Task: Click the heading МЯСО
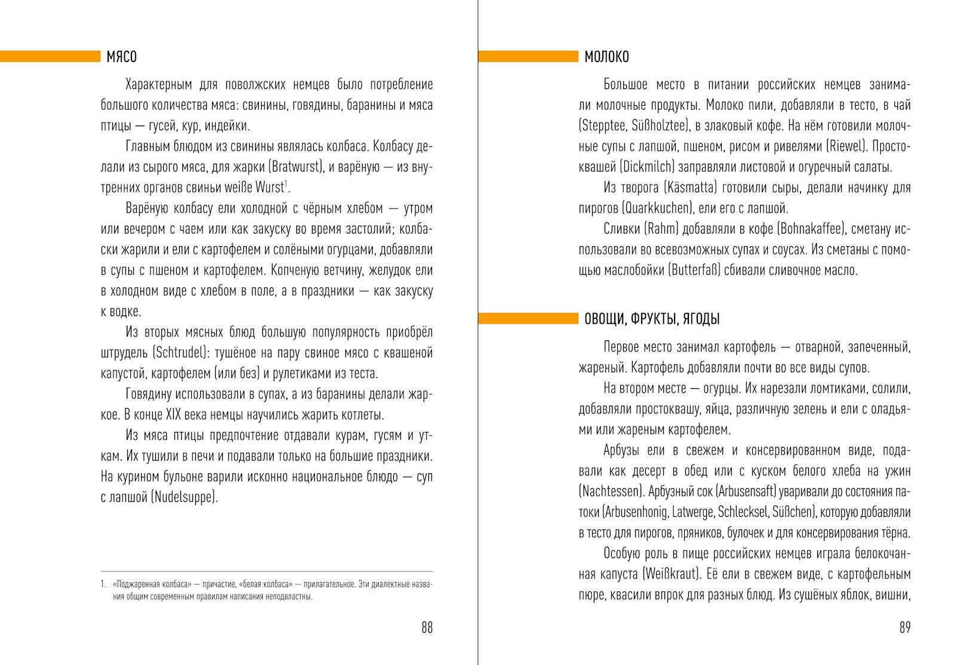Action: tap(121, 57)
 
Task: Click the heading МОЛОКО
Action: tap(606, 57)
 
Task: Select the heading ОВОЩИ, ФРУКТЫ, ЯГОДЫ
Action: tap(652, 318)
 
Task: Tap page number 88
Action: tap(427, 627)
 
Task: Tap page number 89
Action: tap(905, 627)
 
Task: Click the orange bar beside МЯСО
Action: tap(50, 57)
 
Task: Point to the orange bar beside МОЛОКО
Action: tap(528, 57)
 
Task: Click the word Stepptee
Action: tap(602, 125)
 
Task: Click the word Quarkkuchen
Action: tap(656, 208)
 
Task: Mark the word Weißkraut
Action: tap(671, 574)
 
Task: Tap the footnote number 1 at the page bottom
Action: tap(103, 584)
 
